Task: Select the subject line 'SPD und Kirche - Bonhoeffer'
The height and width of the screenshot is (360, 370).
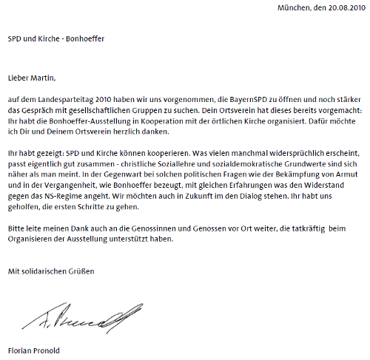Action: coord(55,38)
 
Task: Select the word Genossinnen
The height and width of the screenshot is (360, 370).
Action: coord(154,229)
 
